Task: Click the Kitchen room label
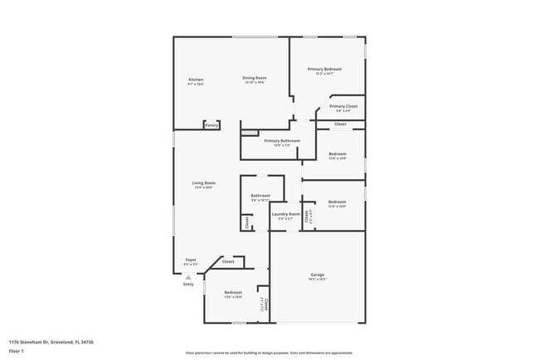[196, 80]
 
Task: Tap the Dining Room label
[254, 78]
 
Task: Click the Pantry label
[212, 125]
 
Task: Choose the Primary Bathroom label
[282, 141]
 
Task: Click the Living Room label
[204, 182]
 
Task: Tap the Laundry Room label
[285, 214]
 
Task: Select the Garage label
[318, 275]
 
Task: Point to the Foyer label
[191, 260]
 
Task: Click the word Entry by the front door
[188, 285]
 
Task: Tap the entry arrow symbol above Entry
[188, 277]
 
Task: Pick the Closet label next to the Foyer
[228, 262]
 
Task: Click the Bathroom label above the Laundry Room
[260, 196]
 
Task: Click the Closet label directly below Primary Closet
[340, 124]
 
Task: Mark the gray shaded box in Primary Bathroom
[250, 132]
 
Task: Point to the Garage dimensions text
[318, 280]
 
